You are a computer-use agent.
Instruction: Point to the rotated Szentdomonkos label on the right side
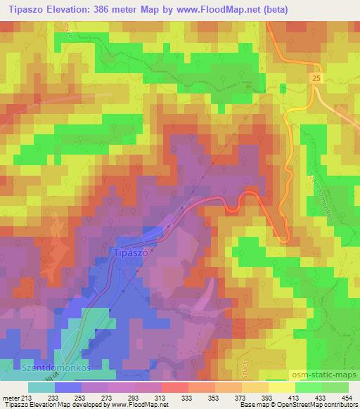click(x=320, y=200)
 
